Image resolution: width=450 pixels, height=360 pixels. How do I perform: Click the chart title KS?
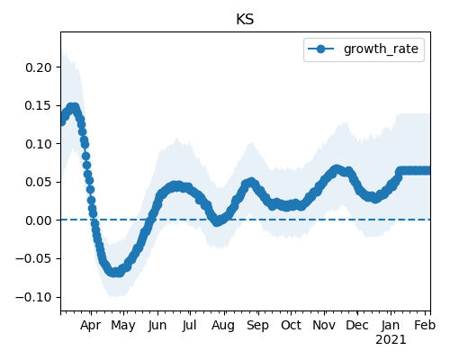click(x=245, y=20)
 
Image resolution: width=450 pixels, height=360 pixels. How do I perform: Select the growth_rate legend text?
click(x=381, y=49)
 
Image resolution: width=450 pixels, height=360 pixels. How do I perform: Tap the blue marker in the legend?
click(x=320, y=49)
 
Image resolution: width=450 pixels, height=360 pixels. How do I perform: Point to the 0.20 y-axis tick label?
click(x=39, y=67)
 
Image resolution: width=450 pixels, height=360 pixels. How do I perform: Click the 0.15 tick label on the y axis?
click(x=39, y=105)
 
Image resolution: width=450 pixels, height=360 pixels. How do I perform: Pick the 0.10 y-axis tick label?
click(x=39, y=144)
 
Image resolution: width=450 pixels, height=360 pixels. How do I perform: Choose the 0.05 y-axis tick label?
click(x=39, y=182)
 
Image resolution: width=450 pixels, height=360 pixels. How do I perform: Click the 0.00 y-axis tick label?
click(x=39, y=220)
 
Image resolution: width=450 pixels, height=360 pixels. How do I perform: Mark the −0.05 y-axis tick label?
click(x=34, y=258)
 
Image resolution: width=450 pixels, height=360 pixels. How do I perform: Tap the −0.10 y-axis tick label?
click(x=34, y=297)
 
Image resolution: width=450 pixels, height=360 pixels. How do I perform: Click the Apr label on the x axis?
click(x=91, y=326)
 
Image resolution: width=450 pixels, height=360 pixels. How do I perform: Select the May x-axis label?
click(x=123, y=326)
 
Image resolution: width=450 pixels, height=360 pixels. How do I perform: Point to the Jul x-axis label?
click(x=190, y=325)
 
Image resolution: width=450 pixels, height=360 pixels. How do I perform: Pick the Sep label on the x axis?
click(x=258, y=326)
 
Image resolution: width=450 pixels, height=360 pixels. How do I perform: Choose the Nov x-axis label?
click(x=324, y=325)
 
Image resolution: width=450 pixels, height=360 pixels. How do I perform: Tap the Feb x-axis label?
click(x=425, y=325)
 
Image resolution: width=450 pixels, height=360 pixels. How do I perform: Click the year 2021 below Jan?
click(x=391, y=340)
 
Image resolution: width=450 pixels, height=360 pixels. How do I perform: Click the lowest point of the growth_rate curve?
click(x=115, y=273)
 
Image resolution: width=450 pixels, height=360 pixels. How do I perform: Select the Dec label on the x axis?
click(x=357, y=325)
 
